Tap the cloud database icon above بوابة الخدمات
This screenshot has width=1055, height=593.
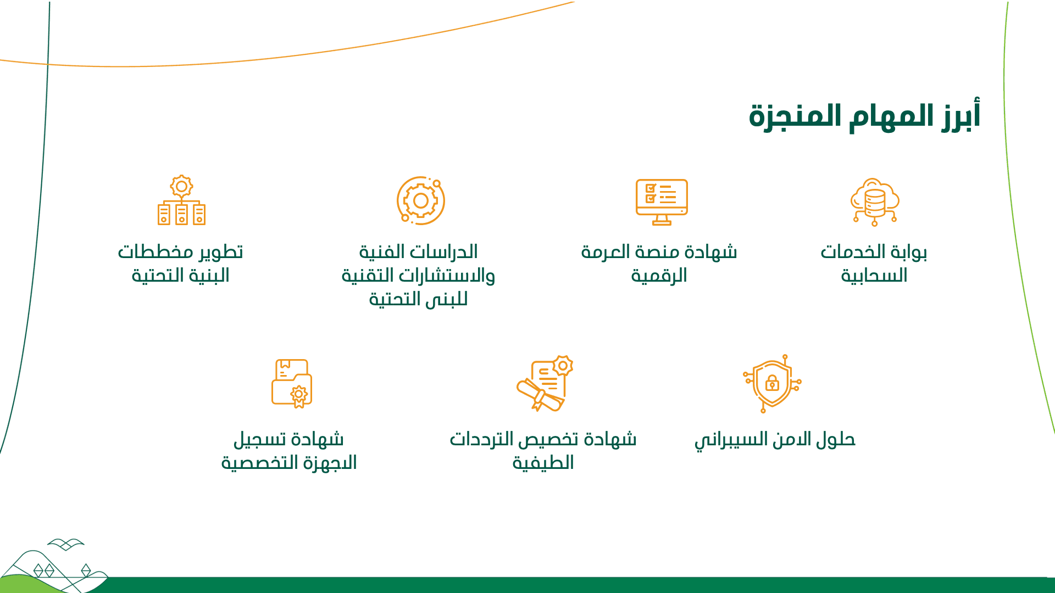coord(875,202)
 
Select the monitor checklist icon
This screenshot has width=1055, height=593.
coord(662,202)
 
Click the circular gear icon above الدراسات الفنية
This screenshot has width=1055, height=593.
coord(421,200)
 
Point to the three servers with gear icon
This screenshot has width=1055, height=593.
coord(181,200)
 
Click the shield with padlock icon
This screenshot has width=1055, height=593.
coord(772,383)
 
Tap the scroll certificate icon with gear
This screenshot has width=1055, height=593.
coord(545,383)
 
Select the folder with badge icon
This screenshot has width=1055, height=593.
coord(292,384)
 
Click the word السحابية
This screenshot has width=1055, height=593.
coord(874,276)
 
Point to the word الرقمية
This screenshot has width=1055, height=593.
coord(659,276)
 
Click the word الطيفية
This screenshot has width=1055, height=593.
coord(543,463)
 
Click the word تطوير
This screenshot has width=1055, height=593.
coord(221,252)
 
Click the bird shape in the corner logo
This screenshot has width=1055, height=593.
coord(66,544)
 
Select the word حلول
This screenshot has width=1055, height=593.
coord(835,439)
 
